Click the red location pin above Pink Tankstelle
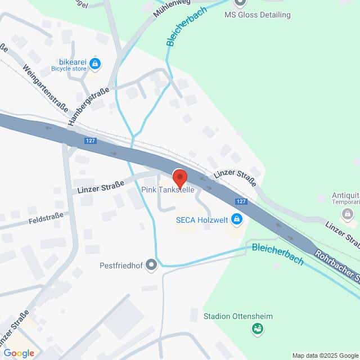point(179,177)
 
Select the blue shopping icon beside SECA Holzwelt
point(237,219)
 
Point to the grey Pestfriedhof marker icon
point(151,264)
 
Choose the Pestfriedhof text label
point(120,264)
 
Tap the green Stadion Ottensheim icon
point(258,328)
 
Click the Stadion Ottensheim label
point(238,316)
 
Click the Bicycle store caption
point(69,69)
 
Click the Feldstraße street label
point(48,218)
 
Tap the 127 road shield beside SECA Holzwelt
point(240,201)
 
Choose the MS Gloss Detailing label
point(257,15)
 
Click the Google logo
point(19,353)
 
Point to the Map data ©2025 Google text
point(325,355)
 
